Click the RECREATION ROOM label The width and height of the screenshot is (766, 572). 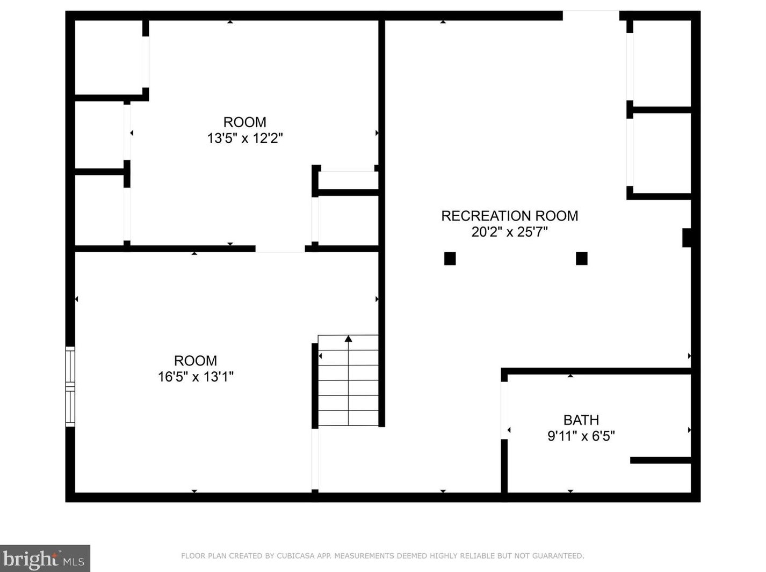pyautogui.click(x=509, y=216)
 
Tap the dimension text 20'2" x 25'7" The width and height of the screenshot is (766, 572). pyautogui.click(x=509, y=232)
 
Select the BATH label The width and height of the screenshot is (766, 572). pyautogui.click(x=581, y=420)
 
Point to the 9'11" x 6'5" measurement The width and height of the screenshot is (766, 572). pyautogui.click(x=581, y=436)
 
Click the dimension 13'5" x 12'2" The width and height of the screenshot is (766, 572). pyautogui.click(x=245, y=138)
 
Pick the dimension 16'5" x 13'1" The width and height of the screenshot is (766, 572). pyautogui.click(x=196, y=377)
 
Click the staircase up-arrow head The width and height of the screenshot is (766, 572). pyautogui.click(x=348, y=339)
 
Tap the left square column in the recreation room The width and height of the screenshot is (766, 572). pyautogui.click(x=450, y=259)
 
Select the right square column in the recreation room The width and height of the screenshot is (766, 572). pyautogui.click(x=581, y=259)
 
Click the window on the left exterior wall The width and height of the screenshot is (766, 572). pyautogui.click(x=70, y=386)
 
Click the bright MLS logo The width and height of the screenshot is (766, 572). pyautogui.click(x=45, y=559)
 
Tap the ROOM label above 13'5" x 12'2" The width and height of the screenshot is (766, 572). pyautogui.click(x=245, y=122)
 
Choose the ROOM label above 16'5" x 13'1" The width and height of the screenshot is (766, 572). pyautogui.click(x=196, y=361)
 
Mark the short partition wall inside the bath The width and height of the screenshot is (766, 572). pyautogui.click(x=660, y=460)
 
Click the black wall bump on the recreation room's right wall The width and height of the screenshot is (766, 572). pyautogui.click(x=686, y=237)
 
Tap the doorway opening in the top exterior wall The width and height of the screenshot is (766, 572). pyautogui.click(x=590, y=16)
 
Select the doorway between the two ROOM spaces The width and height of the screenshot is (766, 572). pyautogui.click(x=280, y=248)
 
